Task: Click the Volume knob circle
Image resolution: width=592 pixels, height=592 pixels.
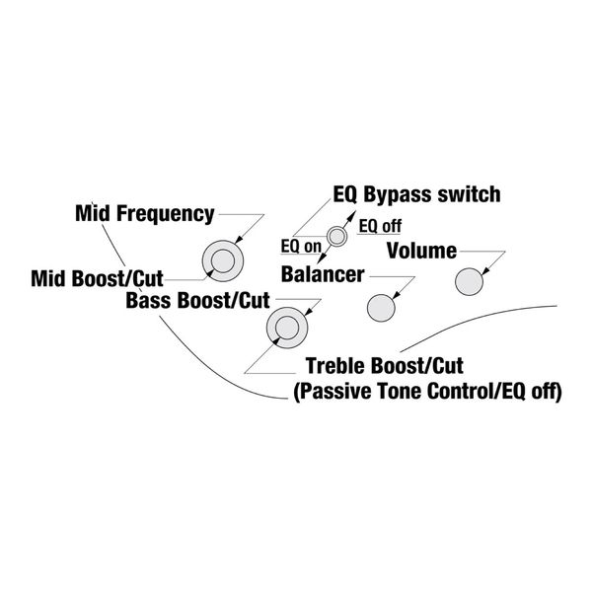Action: pos(469,281)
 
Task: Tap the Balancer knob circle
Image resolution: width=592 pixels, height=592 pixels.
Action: pos(381,308)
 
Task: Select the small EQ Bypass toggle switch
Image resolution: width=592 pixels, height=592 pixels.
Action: pos(336,237)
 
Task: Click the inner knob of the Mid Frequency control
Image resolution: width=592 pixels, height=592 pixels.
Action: pos(223,260)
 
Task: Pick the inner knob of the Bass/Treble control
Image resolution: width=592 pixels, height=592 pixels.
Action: pos(287,328)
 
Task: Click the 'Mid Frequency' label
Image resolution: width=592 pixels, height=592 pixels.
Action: pos(145,214)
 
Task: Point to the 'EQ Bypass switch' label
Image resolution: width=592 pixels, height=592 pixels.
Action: pos(416,194)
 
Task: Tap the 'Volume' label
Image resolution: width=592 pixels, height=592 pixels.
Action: pos(421,251)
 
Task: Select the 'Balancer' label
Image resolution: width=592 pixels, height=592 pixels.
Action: pos(323,274)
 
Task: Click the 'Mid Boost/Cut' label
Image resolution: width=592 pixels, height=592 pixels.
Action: pos(97,278)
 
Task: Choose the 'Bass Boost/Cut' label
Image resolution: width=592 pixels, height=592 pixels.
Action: pos(197,301)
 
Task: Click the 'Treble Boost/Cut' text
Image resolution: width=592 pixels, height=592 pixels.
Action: pos(385,366)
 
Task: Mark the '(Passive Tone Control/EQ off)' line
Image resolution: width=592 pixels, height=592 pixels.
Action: pos(427,391)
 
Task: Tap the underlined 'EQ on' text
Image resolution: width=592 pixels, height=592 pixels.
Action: pos(301,247)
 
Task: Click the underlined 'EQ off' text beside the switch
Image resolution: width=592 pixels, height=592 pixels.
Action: pos(380,226)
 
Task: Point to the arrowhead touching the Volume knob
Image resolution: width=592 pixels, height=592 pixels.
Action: pos(485,270)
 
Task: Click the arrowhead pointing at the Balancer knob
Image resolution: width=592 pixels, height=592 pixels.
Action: pos(397,295)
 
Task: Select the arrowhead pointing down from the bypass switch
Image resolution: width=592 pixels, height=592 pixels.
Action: pos(322,259)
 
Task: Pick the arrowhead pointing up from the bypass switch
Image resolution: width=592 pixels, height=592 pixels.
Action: pos(351,215)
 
